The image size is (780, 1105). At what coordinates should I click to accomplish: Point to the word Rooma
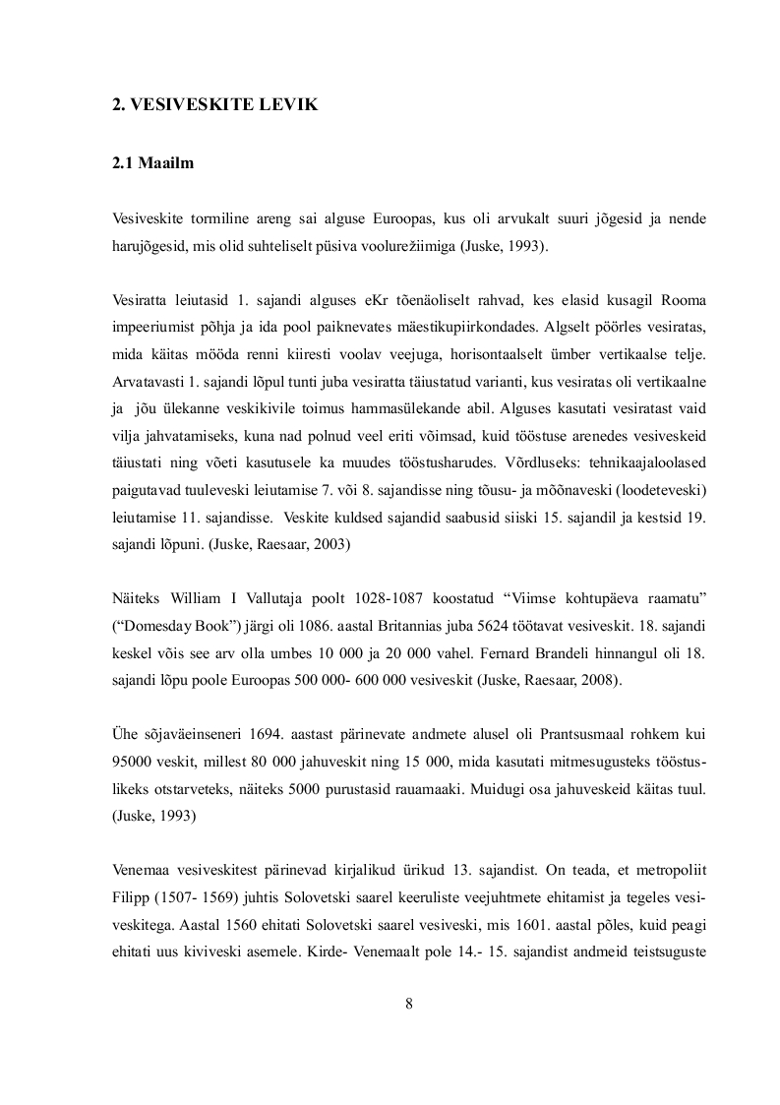tap(681, 299)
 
